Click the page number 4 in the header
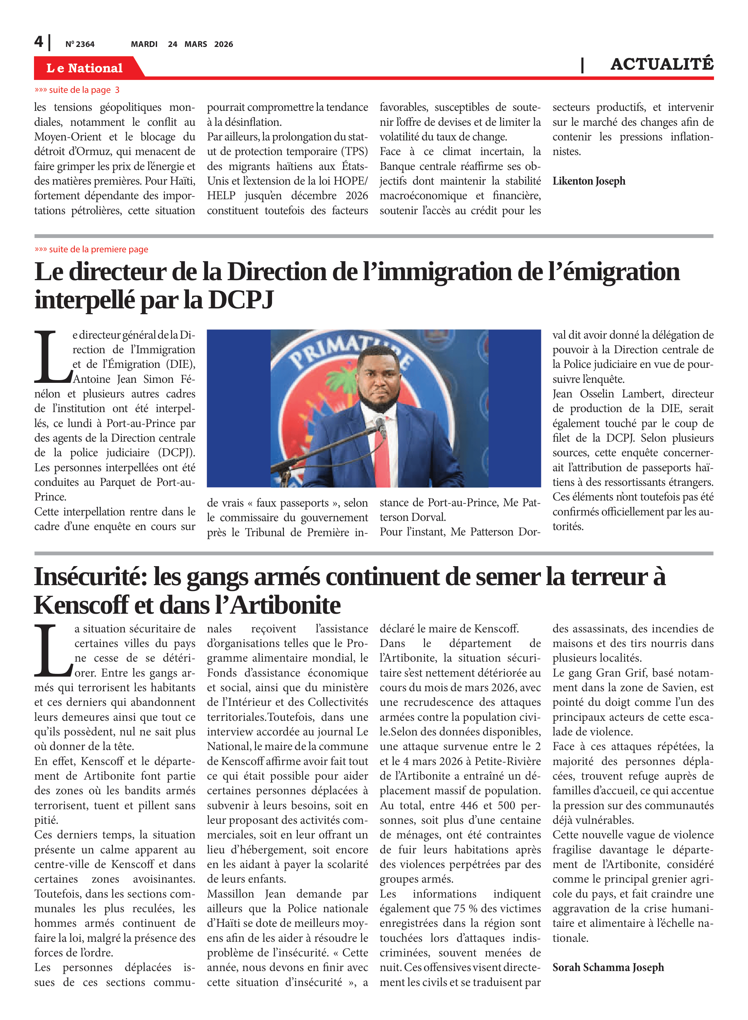39,42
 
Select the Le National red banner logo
85,68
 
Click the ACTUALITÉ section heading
662,64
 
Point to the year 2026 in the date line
224,44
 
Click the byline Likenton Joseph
589,181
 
